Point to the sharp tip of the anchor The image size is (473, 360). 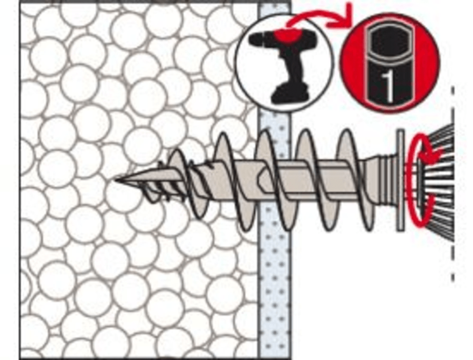pyautogui.click(x=116, y=180)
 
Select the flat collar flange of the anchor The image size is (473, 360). pyautogui.click(x=400, y=180)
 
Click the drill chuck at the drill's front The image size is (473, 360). pyautogui.click(x=257, y=39)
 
